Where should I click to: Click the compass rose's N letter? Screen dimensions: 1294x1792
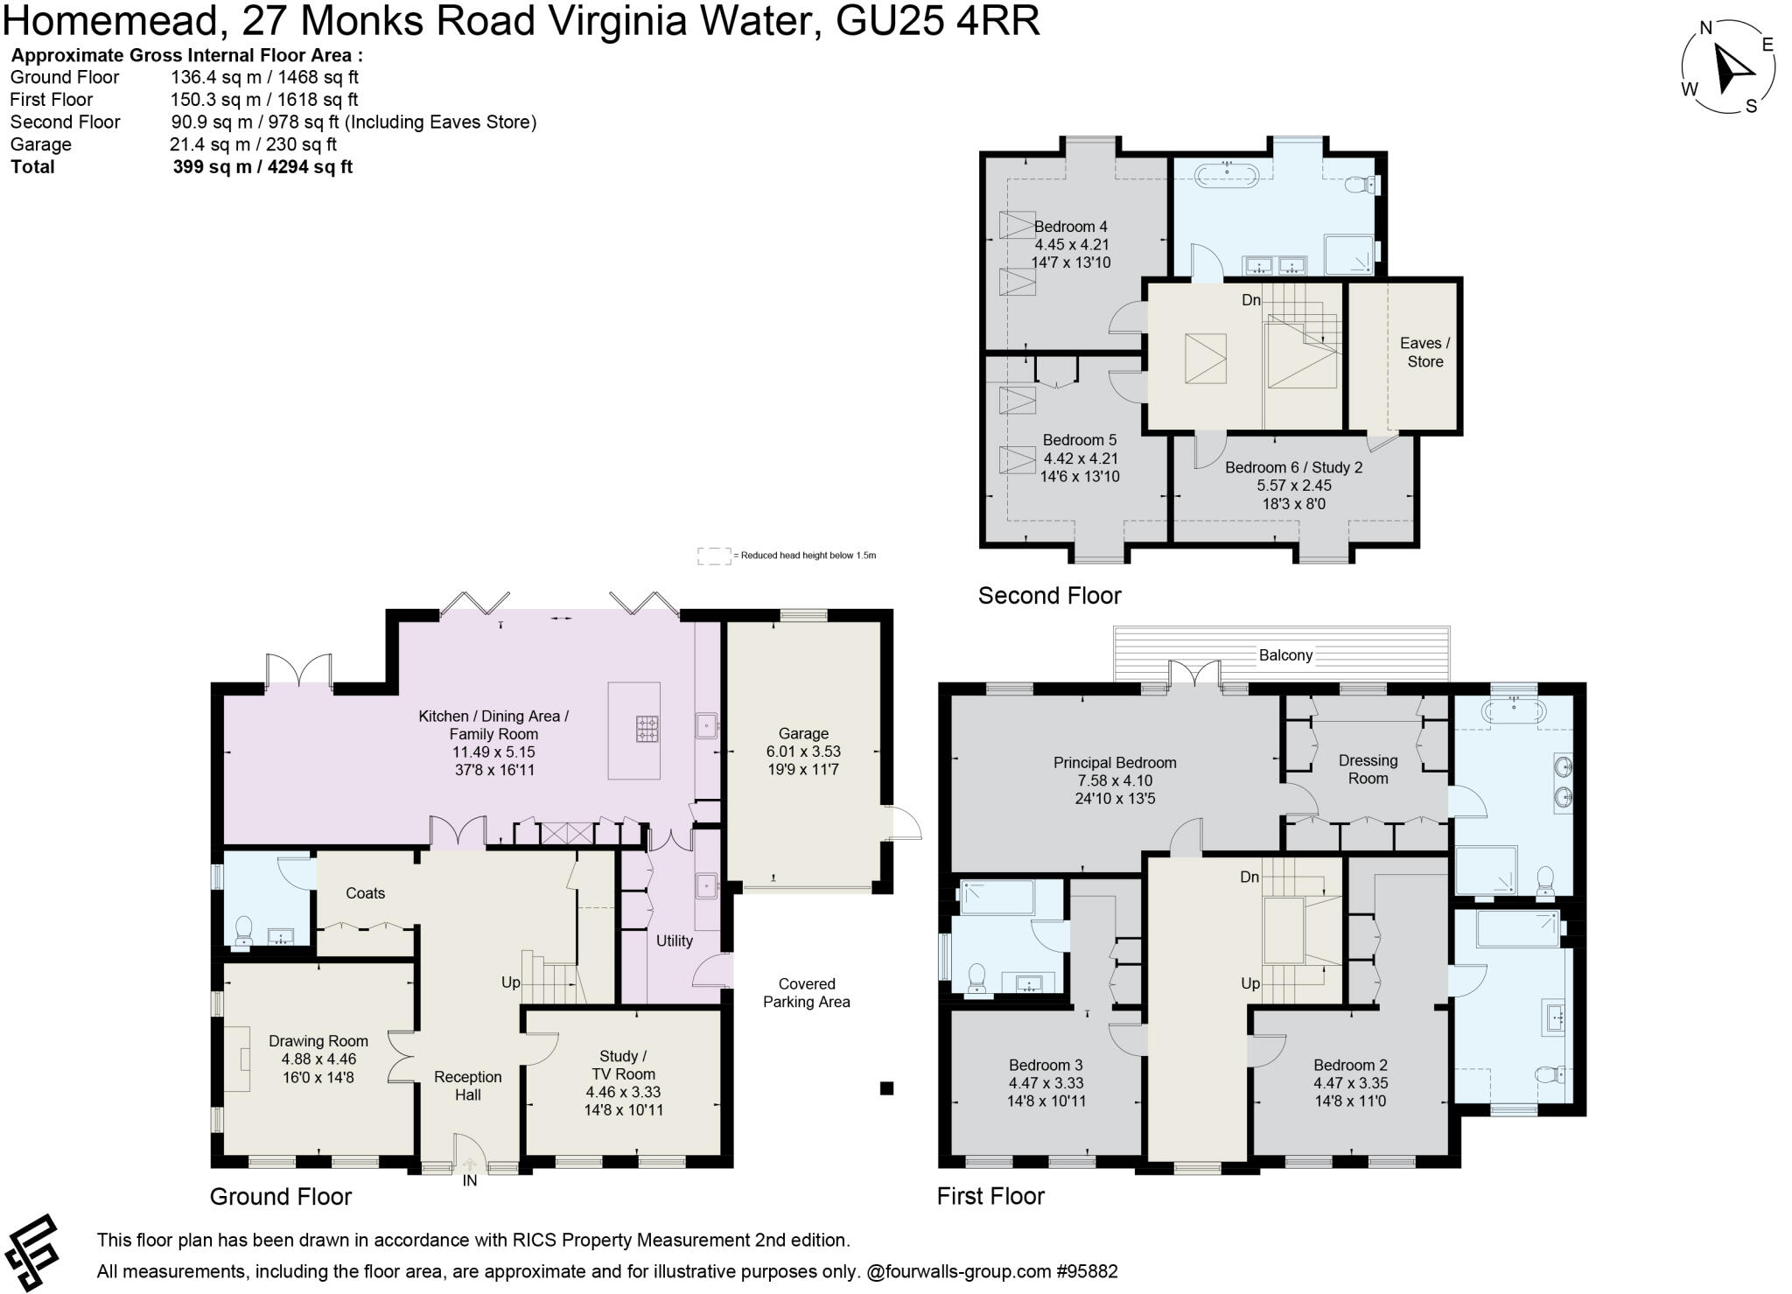pyautogui.click(x=1705, y=28)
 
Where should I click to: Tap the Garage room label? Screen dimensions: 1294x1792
pyautogui.click(x=803, y=734)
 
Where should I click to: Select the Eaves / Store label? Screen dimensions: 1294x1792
pyautogui.click(x=1424, y=353)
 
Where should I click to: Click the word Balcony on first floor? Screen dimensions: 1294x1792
pyautogui.click(x=1285, y=655)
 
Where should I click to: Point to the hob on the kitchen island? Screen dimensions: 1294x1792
pyautogui.click(x=647, y=728)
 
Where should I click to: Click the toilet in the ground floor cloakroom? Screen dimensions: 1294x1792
pyautogui.click(x=243, y=930)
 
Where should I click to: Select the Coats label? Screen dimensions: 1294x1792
pyautogui.click(x=365, y=893)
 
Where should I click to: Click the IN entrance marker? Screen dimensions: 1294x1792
pyautogui.click(x=470, y=1181)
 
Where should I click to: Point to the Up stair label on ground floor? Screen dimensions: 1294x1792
pyautogui.click(x=511, y=983)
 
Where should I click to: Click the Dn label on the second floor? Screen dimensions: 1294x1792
pyautogui.click(x=1251, y=300)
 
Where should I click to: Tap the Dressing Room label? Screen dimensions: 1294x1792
pyautogui.click(x=1368, y=769)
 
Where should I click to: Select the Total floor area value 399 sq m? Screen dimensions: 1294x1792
pyautogui.click(x=262, y=167)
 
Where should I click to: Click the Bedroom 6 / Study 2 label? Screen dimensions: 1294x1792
pyautogui.click(x=1293, y=467)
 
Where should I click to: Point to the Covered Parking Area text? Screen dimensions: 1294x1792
pyautogui.click(x=806, y=993)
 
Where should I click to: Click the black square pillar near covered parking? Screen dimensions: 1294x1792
pyautogui.click(x=886, y=1088)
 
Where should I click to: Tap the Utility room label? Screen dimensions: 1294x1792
pyautogui.click(x=674, y=941)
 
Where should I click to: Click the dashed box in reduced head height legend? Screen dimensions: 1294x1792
pyautogui.click(x=713, y=556)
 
